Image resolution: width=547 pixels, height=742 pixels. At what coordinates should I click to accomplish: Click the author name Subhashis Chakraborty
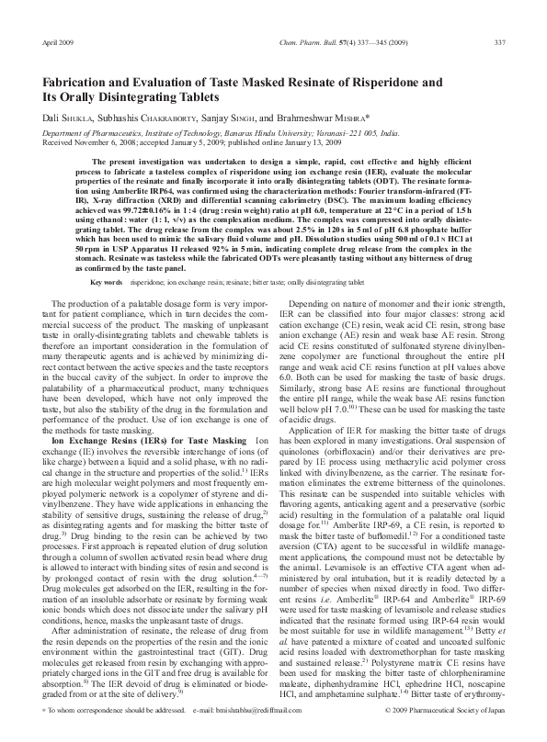(x=141, y=118)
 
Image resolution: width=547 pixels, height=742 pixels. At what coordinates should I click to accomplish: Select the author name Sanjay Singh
(x=229, y=118)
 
